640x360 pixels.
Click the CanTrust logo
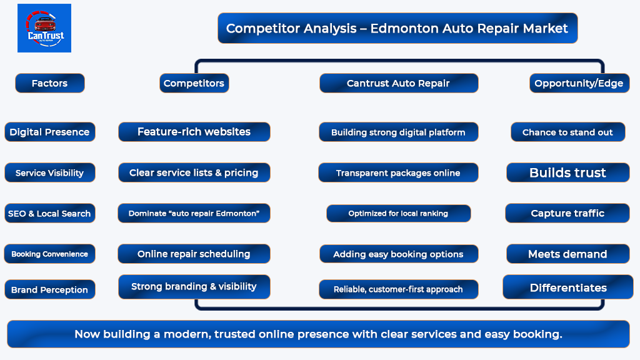(x=44, y=28)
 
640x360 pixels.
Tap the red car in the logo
(x=45, y=24)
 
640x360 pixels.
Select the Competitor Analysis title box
(x=397, y=28)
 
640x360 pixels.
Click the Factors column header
(x=50, y=83)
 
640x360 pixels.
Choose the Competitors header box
(x=194, y=83)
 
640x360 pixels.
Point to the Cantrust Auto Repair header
(x=398, y=83)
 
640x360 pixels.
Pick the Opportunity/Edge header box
(x=579, y=83)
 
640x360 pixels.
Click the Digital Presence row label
(x=50, y=132)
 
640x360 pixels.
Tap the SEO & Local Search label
(x=50, y=213)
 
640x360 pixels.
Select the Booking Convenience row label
(x=50, y=254)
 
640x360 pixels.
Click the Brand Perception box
(x=50, y=289)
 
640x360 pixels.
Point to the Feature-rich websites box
(x=194, y=132)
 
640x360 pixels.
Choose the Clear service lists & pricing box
(x=194, y=172)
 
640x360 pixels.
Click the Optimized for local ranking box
(x=398, y=213)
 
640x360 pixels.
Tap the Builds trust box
(x=567, y=172)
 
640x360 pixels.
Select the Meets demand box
(x=567, y=254)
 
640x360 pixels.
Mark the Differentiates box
(x=568, y=287)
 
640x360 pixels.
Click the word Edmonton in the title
(x=404, y=28)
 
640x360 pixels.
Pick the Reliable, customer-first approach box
(x=398, y=289)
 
